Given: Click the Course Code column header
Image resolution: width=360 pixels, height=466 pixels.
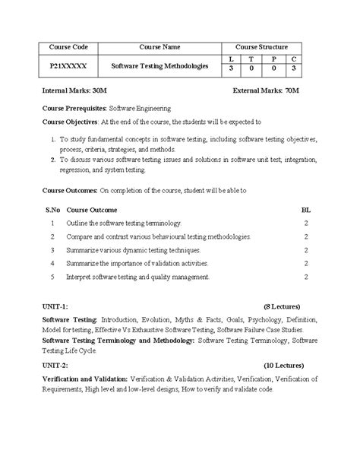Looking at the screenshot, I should click(x=69, y=46).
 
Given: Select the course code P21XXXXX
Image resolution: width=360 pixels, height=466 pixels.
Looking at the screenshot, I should click(x=69, y=66).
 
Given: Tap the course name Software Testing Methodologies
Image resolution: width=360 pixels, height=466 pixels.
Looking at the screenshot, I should click(x=159, y=66).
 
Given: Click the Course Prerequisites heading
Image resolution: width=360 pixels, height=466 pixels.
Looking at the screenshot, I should click(x=75, y=109).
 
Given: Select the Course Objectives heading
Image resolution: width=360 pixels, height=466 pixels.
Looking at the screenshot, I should click(x=70, y=122).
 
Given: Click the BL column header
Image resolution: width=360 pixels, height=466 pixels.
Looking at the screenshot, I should click(x=306, y=208).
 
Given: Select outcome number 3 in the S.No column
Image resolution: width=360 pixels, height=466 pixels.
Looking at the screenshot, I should click(x=52, y=249).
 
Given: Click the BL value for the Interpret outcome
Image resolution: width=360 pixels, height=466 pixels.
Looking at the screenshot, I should click(x=306, y=277).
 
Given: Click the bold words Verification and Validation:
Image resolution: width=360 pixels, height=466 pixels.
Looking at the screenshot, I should click(x=84, y=379).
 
